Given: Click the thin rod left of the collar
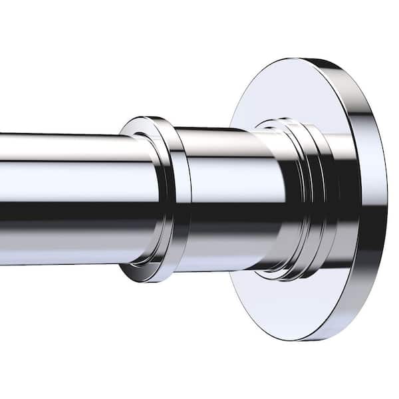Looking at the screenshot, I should click(x=66, y=199).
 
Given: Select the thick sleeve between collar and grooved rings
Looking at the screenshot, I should click(x=226, y=199).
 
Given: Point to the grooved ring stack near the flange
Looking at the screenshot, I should click(x=303, y=199).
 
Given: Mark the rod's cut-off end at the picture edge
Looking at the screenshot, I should click(x=2, y=199).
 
